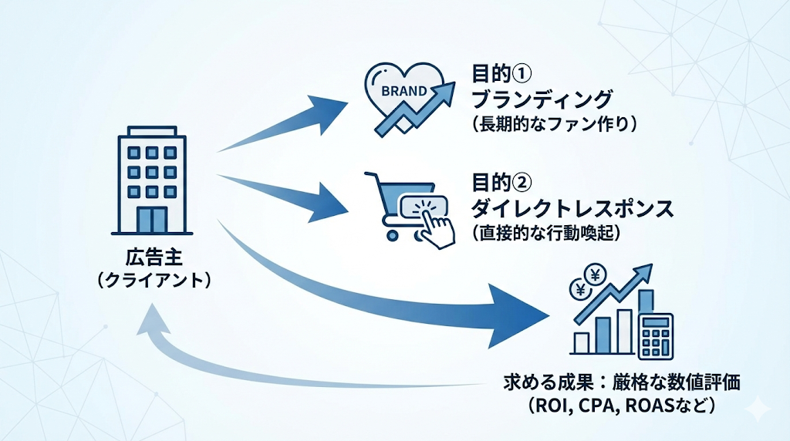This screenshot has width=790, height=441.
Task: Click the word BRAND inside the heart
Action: click(x=404, y=90)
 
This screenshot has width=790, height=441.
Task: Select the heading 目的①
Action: click(x=502, y=76)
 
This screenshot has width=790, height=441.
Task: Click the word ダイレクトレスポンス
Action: click(x=572, y=208)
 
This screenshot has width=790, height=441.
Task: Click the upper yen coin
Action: click(x=596, y=273)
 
